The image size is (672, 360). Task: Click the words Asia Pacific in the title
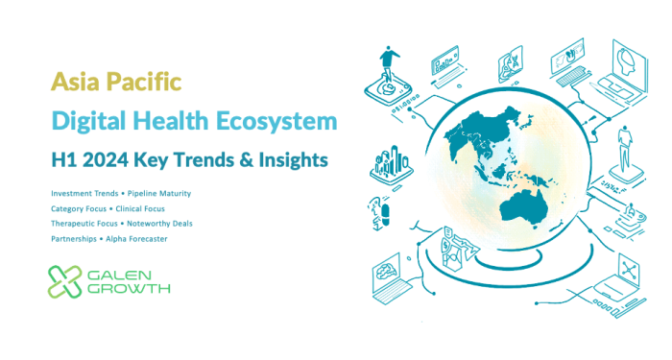115,83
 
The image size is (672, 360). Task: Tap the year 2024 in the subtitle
108,159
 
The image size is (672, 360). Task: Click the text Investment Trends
85,193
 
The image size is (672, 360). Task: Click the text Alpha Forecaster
139,237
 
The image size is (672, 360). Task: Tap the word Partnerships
75,237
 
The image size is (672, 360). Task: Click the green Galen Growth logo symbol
66,280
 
